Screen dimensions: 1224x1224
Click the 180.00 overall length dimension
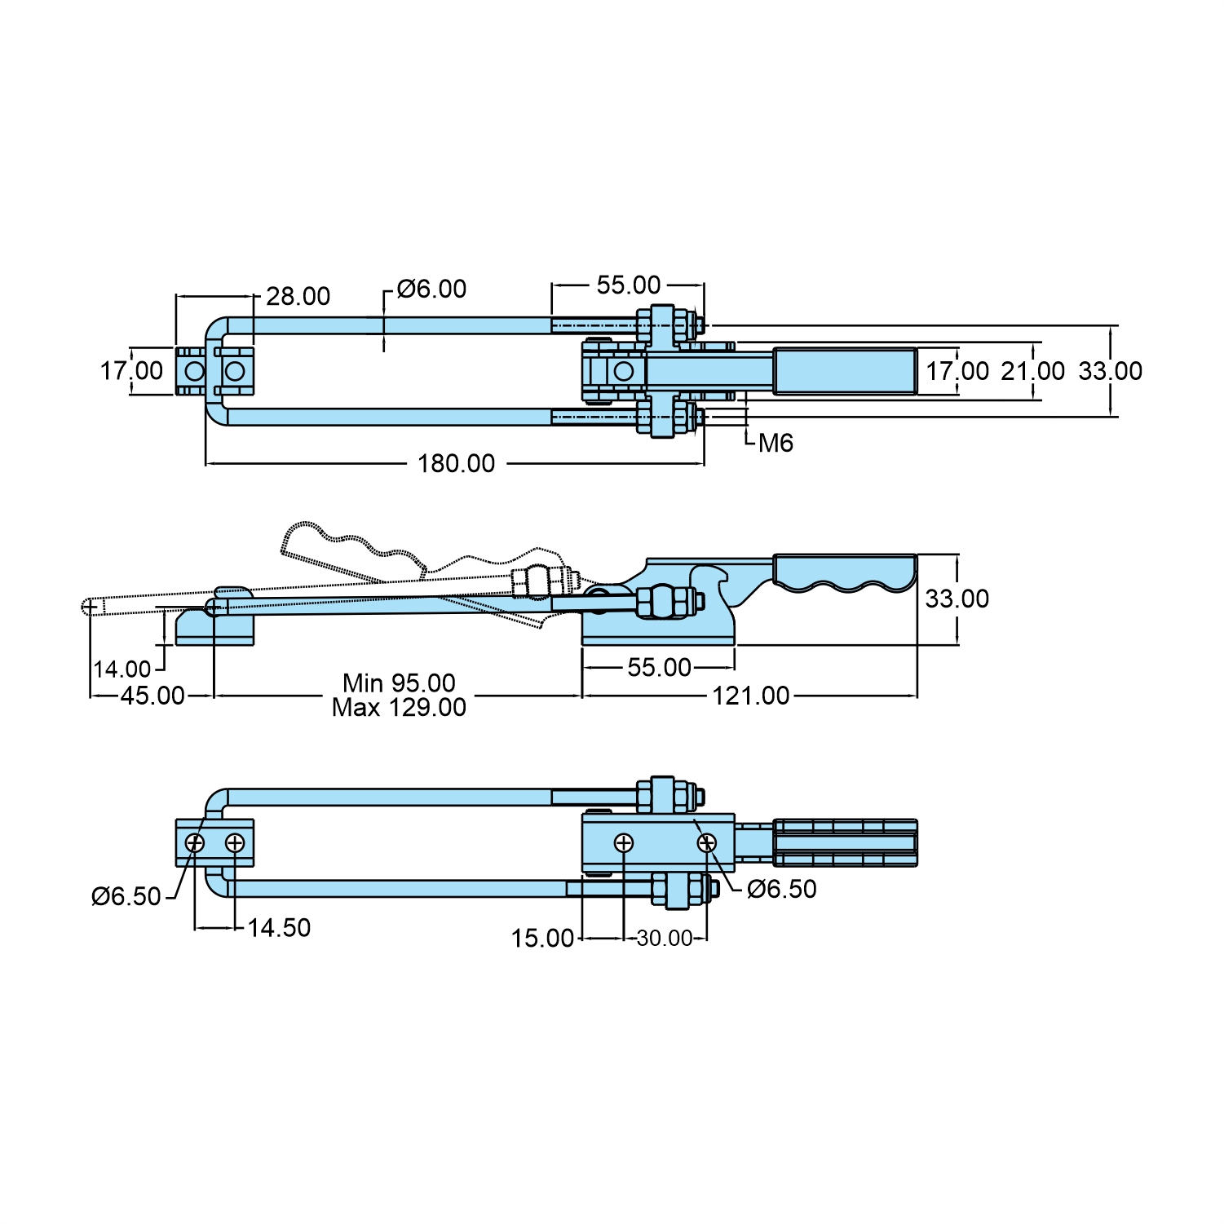tap(456, 463)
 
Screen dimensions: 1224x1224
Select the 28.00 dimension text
tap(298, 296)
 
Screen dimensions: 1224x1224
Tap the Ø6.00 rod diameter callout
tap(431, 289)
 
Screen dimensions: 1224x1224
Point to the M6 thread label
tap(775, 443)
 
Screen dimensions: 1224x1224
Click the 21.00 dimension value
tap(1032, 371)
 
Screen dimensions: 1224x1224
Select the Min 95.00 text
tap(399, 683)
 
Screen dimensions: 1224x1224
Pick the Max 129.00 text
tap(399, 707)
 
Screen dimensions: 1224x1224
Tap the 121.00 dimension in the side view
tap(750, 696)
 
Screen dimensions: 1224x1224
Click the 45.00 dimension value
tap(152, 696)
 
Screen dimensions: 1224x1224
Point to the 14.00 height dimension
tap(122, 669)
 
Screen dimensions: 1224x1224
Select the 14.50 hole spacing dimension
tap(279, 928)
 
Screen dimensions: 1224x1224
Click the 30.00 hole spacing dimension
tap(664, 939)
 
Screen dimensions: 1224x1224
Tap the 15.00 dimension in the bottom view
tap(542, 939)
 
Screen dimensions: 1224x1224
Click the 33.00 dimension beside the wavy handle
tap(957, 599)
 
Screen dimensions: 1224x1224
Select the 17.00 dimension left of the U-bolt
tap(131, 371)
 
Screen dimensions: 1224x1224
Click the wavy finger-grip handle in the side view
tap(844, 572)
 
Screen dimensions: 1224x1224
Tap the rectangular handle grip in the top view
tap(844, 371)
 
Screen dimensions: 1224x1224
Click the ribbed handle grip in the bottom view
tap(844, 842)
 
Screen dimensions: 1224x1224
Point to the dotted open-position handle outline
tap(351, 550)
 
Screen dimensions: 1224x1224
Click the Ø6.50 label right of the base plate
tap(781, 889)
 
